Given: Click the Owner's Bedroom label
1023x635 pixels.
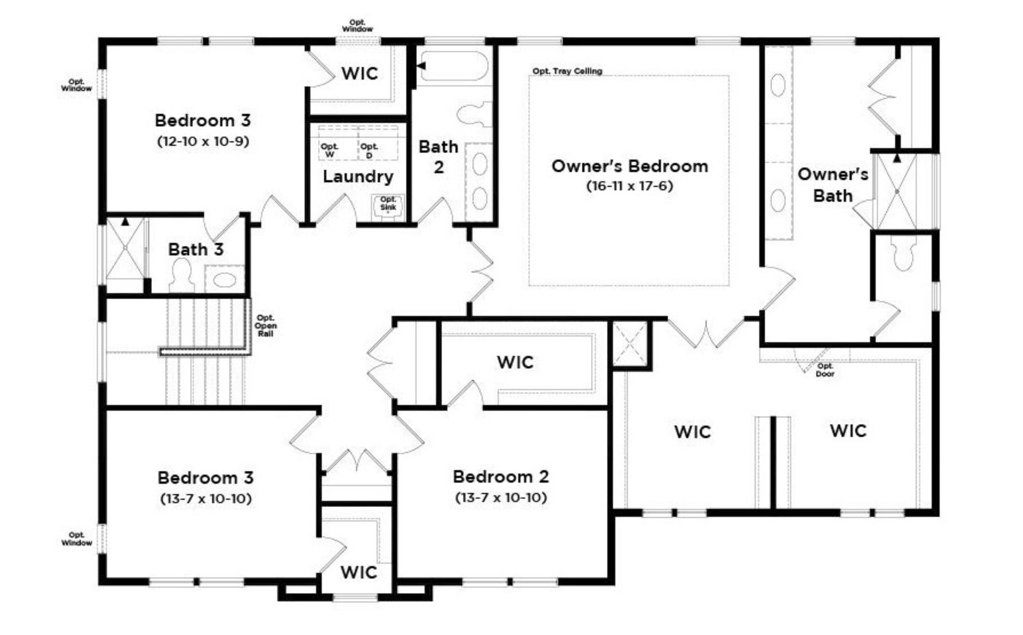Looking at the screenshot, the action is pyautogui.click(x=630, y=166).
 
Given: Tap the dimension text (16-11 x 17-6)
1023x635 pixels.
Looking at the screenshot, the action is pyautogui.click(x=630, y=186).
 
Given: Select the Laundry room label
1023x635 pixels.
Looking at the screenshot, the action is pyautogui.click(x=358, y=177).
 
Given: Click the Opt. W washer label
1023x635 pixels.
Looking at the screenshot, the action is pyautogui.click(x=330, y=151).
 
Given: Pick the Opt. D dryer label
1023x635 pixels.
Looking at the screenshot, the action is pyautogui.click(x=369, y=151).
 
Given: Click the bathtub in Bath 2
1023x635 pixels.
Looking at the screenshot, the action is pyautogui.click(x=455, y=66).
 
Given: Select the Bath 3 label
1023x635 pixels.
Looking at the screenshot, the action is pyautogui.click(x=196, y=249).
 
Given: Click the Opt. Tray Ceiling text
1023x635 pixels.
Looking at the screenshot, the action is pyautogui.click(x=567, y=71).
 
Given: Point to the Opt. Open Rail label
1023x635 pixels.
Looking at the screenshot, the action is pyautogui.click(x=265, y=326).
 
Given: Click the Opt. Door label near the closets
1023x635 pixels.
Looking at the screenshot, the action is pyautogui.click(x=825, y=370).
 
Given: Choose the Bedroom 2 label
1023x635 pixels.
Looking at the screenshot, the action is pyautogui.click(x=501, y=477).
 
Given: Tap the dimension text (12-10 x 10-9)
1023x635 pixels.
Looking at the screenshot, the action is pyautogui.click(x=203, y=141).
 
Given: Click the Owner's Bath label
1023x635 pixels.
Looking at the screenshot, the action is pyautogui.click(x=833, y=185).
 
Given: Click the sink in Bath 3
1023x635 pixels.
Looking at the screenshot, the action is pyautogui.click(x=225, y=280).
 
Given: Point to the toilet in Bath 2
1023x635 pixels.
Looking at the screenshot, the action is pyautogui.click(x=475, y=114).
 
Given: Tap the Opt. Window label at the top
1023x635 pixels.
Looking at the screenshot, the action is pyautogui.click(x=357, y=26).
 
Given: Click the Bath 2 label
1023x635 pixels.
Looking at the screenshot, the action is pyautogui.click(x=438, y=157).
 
